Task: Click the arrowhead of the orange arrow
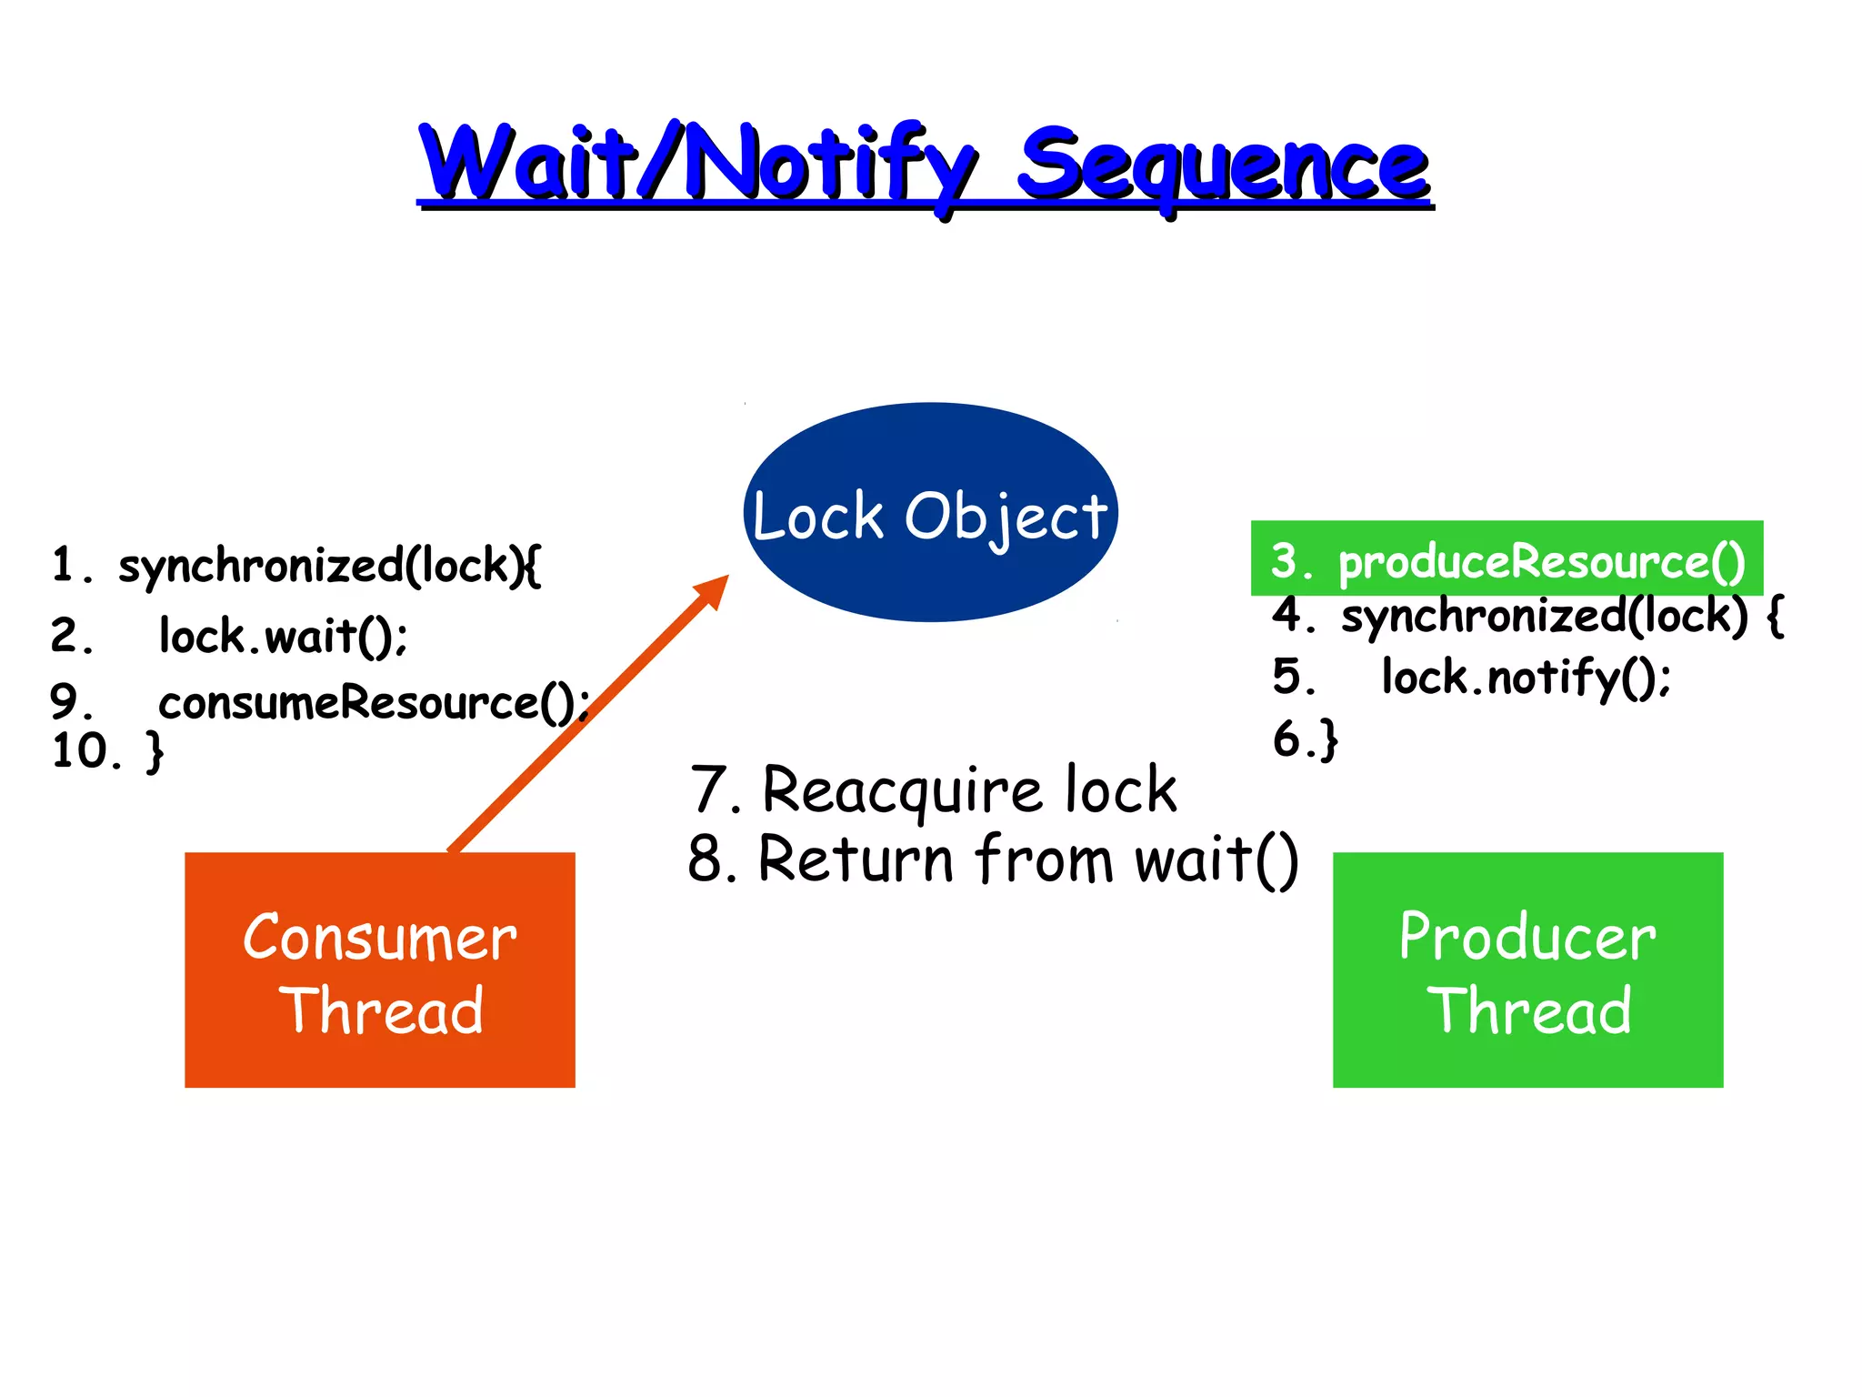pyautogui.click(x=714, y=591)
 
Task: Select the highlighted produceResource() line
pyautogui.click(x=1507, y=560)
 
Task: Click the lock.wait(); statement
pyautogui.click(x=283, y=636)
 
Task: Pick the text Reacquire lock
pyautogui.click(x=969, y=789)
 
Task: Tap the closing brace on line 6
pyautogui.click(x=1328, y=739)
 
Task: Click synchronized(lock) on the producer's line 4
pyautogui.click(x=1544, y=616)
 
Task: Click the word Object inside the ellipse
pyautogui.click(x=1006, y=517)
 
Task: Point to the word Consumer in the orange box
pyautogui.click(x=380, y=938)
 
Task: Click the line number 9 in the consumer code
pyautogui.click(x=65, y=702)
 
